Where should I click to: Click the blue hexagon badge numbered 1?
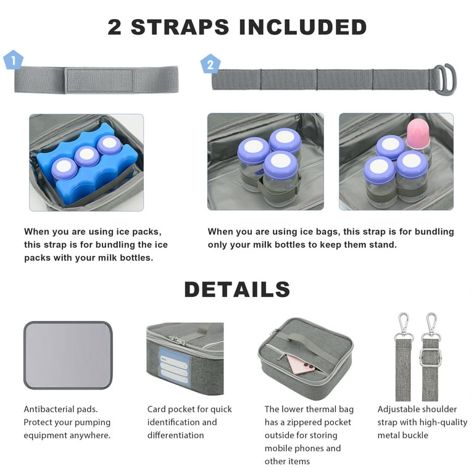coord(13,60)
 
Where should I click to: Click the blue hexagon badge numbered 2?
coord(210,64)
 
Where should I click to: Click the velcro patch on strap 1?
coord(100,80)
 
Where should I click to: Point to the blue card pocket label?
coord(173,367)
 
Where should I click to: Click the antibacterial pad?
coord(68,355)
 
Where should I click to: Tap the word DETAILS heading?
coord(237,289)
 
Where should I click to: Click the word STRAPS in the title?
coord(180,27)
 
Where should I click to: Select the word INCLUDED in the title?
coord(302,27)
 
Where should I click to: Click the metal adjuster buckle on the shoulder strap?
coord(430,357)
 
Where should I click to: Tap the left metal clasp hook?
coord(404,326)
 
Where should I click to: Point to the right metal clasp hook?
coord(431,326)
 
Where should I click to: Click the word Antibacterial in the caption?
coord(49,409)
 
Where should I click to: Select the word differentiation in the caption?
coord(176,435)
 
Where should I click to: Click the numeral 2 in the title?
coord(115,27)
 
